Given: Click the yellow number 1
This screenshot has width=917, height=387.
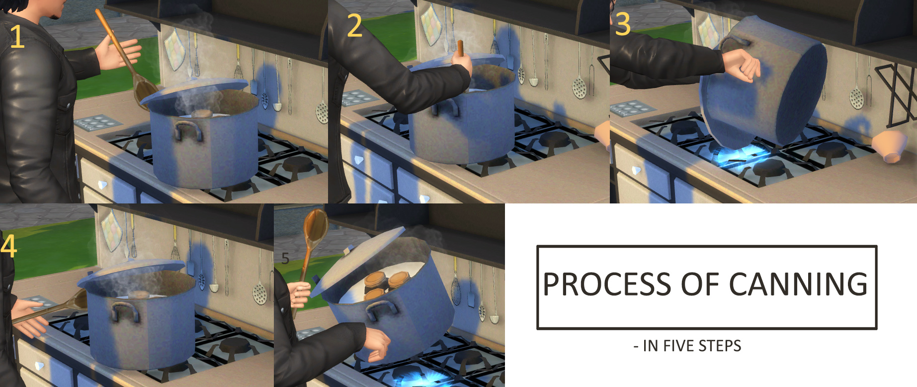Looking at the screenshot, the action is click(17, 37).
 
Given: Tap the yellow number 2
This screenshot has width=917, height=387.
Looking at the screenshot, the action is click(354, 25).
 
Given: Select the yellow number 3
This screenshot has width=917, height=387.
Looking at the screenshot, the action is click(623, 24).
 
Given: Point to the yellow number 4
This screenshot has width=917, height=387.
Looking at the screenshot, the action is click(8, 246).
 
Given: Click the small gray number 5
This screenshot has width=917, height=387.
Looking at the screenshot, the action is click(285, 258).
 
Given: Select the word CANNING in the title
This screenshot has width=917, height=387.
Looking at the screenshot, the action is click(798, 284).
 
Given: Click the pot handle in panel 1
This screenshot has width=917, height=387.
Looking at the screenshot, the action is click(187, 131).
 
